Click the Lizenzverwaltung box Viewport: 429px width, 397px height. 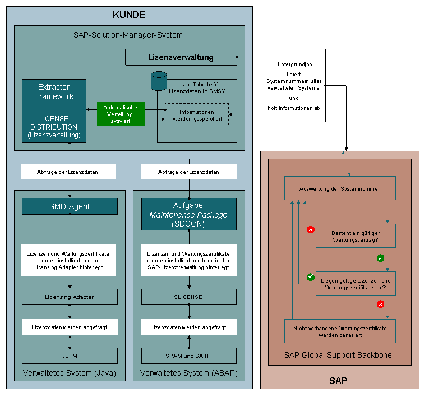(x=181, y=57)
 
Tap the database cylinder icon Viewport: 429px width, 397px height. (x=159, y=81)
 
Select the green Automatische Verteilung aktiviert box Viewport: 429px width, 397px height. (x=121, y=114)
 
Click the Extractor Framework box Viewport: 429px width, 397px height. (x=54, y=111)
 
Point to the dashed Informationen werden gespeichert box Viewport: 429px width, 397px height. (x=197, y=115)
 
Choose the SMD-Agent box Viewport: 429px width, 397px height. (x=70, y=206)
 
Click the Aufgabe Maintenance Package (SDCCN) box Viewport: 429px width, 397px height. (x=189, y=214)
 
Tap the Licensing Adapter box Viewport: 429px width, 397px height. (x=70, y=297)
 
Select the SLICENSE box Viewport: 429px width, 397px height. (x=189, y=297)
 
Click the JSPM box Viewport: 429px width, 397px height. (x=70, y=356)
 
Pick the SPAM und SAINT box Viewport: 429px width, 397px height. (x=189, y=356)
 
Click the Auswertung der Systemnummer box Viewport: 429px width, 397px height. (x=340, y=188)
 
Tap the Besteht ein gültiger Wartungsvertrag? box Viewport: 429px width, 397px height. (x=356, y=236)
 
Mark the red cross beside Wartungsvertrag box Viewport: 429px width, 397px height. (x=311, y=229)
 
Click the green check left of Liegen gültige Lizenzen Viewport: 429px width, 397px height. (x=311, y=277)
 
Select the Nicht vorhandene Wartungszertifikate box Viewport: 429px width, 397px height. (x=340, y=331)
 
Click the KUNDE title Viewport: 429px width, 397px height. (x=129, y=15)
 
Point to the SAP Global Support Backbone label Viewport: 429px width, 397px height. (x=338, y=355)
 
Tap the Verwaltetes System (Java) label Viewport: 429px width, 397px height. (x=70, y=373)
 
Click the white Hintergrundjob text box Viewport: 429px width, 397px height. (x=294, y=85)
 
